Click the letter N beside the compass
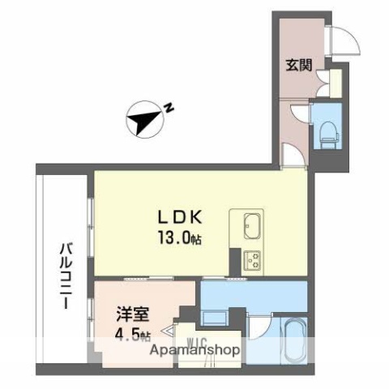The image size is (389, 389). (x=169, y=106)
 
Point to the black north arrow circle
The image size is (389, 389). (x=143, y=122)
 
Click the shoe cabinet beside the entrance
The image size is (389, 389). (x=329, y=82)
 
